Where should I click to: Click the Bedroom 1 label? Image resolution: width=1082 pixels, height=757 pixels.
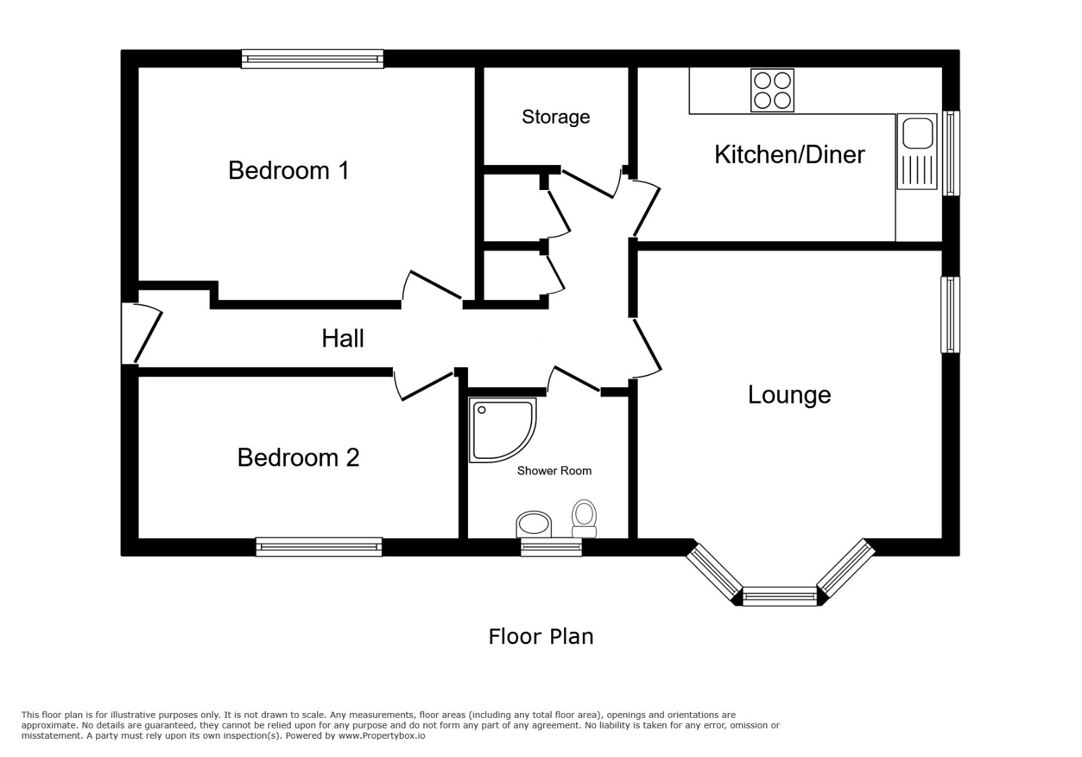tap(289, 170)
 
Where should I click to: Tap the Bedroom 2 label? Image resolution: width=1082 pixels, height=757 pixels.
tap(298, 458)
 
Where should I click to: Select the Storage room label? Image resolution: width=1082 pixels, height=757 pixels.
tap(556, 117)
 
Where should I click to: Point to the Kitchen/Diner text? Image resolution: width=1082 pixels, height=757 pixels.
tap(789, 155)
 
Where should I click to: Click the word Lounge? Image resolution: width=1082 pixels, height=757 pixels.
tap(789, 395)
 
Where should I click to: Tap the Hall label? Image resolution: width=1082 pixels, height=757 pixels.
tap(343, 338)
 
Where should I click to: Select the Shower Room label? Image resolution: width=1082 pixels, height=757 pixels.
tap(554, 471)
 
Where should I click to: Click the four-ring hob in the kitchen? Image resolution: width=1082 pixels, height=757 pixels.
tap(772, 91)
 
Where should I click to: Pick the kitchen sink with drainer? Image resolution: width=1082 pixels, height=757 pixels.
tap(917, 151)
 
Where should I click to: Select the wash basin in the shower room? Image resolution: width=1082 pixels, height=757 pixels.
tap(534, 524)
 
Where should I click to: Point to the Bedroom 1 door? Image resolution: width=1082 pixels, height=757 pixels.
tap(433, 285)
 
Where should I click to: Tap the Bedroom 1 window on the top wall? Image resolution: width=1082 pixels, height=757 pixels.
tap(312, 59)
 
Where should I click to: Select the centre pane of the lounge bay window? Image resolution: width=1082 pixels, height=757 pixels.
tap(780, 596)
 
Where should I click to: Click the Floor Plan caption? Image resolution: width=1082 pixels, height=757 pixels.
tap(541, 637)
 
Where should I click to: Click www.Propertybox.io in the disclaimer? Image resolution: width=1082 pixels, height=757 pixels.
tap(382, 735)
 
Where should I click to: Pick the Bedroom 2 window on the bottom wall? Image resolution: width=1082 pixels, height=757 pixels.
tap(319, 547)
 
